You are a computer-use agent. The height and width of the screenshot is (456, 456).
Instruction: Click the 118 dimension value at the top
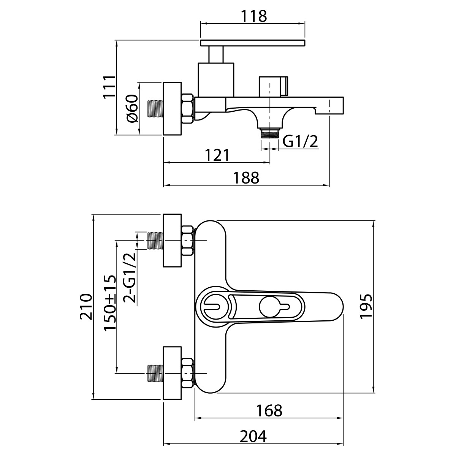tap(253, 16)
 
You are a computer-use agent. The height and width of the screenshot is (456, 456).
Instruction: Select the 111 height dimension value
tap(109, 87)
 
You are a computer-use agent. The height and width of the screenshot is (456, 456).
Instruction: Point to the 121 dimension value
tap(217, 155)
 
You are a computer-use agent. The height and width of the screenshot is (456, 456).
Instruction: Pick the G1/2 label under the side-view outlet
tap(300, 142)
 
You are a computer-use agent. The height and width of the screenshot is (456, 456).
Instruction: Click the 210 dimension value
tap(86, 307)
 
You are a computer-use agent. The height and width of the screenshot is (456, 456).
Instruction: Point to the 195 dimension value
tap(366, 306)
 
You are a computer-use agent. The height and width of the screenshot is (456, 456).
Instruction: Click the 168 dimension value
tap(269, 410)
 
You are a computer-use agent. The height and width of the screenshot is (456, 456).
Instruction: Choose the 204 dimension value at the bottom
tap(253, 436)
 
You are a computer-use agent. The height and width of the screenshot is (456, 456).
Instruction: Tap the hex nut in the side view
tap(188, 108)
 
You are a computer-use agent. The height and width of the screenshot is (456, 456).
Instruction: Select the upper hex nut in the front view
tap(188, 240)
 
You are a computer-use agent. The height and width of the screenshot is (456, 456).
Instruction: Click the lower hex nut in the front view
tap(188, 373)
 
